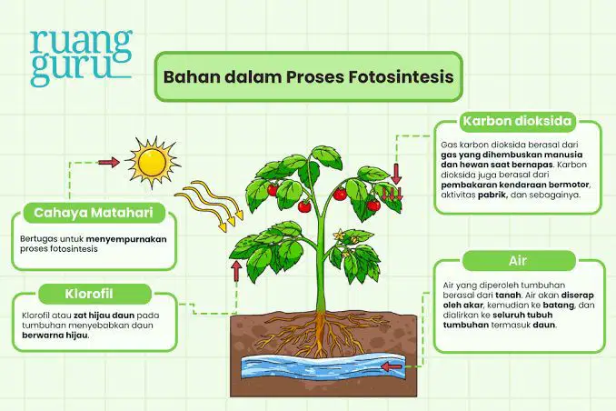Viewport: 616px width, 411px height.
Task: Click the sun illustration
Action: (x=153, y=162)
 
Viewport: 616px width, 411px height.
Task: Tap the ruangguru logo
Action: (x=81, y=57)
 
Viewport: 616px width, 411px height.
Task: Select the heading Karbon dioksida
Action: (x=517, y=121)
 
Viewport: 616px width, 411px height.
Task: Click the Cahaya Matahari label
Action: (x=94, y=213)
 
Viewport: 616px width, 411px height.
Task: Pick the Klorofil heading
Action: (x=89, y=294)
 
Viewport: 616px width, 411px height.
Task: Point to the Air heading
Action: (x=518, y=261)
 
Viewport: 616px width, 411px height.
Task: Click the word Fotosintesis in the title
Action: (x=401, y=76)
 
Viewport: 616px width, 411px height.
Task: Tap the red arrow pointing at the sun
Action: (x=108, y=162)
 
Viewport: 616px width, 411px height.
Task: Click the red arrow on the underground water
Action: (x=392, y=366)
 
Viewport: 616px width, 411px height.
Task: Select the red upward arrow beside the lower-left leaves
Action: (x=236, y=271)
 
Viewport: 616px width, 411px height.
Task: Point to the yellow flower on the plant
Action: (x=339, y=236)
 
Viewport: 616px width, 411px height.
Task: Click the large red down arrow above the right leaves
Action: (x=396, y=175)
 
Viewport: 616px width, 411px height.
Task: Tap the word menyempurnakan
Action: (x=126, y=239)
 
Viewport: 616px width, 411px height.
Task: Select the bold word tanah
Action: (x=508, y=295)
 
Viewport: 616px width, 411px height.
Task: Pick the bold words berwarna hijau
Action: (x=55, y=336)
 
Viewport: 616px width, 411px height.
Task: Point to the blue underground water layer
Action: (x=323, y=366)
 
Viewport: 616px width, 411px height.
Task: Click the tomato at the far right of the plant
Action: (x=373, y=205)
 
